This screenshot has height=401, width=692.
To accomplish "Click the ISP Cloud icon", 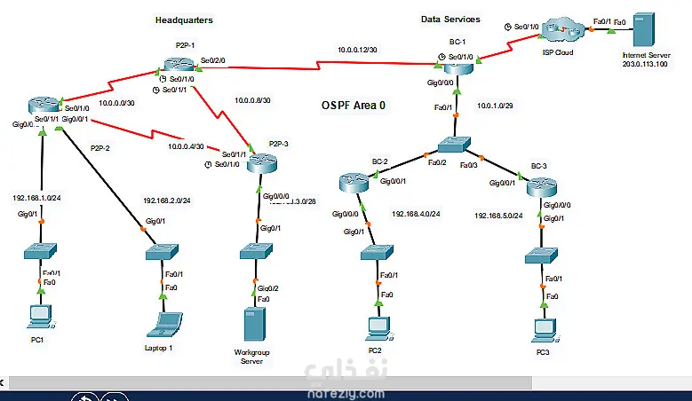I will click(561, 29).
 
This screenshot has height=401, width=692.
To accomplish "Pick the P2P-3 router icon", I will click(263, 162).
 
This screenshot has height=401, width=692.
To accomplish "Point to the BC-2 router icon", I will click(354, 183).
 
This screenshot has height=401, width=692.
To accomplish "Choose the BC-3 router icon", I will click(540, 187).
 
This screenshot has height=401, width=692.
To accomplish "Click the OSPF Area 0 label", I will click(354, 105).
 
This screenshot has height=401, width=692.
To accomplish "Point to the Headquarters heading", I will click(184, 20).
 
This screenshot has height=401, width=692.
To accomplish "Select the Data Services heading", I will click(450, 19).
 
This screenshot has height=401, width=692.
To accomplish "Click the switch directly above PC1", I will click(40, 251).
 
